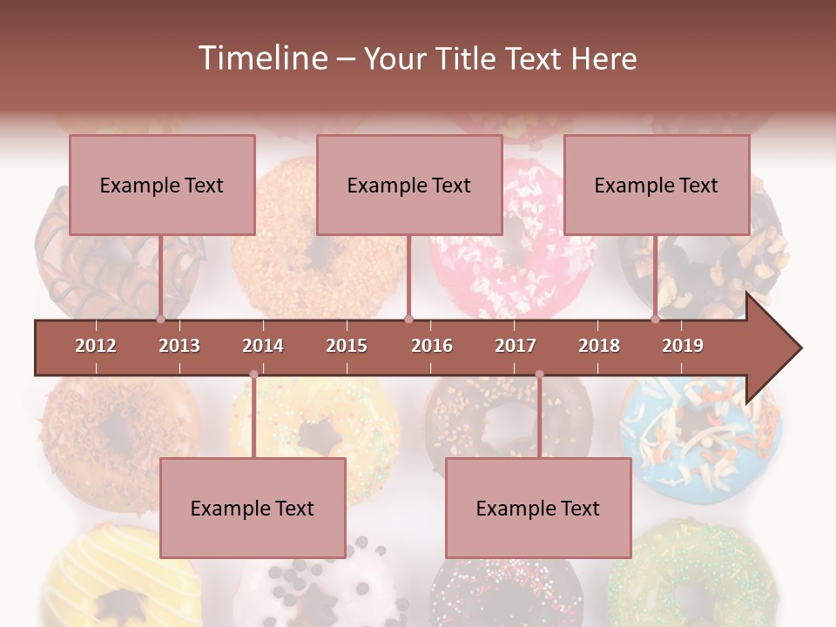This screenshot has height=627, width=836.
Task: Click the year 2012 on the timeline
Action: [x=96, y=346]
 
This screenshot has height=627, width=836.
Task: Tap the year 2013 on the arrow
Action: [x=179, y=346]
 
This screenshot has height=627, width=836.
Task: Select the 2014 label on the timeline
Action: [x=263, y=346]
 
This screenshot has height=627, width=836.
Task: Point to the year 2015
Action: [x=347, y=346]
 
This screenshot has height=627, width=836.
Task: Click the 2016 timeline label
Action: [x=432, y=346]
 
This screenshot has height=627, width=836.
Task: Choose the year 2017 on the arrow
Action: [x=516, y=346]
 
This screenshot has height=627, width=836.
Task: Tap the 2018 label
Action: [x=599, y=346]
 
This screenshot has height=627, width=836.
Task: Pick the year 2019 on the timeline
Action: [x=683, y=346]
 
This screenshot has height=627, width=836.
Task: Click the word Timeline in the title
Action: [x=260, y=58]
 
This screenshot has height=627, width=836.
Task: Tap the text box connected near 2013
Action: [x=162, y=185]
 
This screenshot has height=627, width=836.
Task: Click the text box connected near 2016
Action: [x=409, y=185]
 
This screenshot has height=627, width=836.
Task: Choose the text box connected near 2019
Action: [x=657, y=185]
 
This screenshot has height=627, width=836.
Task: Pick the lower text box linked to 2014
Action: [x=253, y=508]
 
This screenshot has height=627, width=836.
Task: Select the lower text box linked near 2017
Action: [x=538, y=508]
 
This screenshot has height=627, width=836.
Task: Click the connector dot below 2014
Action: [x=253, y=374]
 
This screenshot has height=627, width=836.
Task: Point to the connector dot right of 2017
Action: [x=539, y=374]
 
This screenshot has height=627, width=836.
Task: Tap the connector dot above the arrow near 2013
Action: [x=161, y=319]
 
